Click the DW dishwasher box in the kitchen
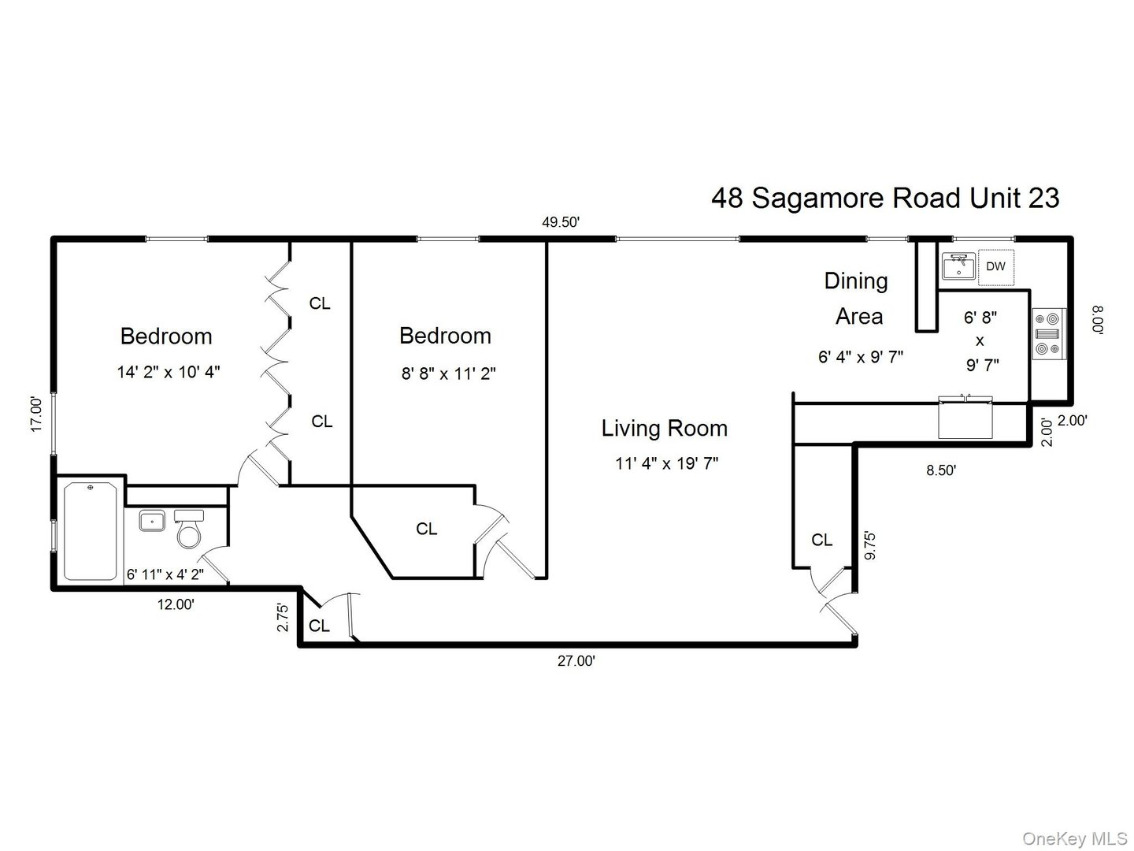996,266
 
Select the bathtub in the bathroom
91,531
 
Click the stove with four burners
1048,333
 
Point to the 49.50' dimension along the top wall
561,222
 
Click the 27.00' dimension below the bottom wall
576,662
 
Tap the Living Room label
664,429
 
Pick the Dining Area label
858,299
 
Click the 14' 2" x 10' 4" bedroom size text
169,372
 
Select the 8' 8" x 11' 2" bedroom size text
448,373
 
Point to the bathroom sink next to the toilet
151,521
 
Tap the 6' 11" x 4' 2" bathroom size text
165,574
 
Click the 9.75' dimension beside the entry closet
869,545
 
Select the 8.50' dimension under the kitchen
941,470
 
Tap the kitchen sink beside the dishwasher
958,266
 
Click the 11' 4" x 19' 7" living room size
666,463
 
